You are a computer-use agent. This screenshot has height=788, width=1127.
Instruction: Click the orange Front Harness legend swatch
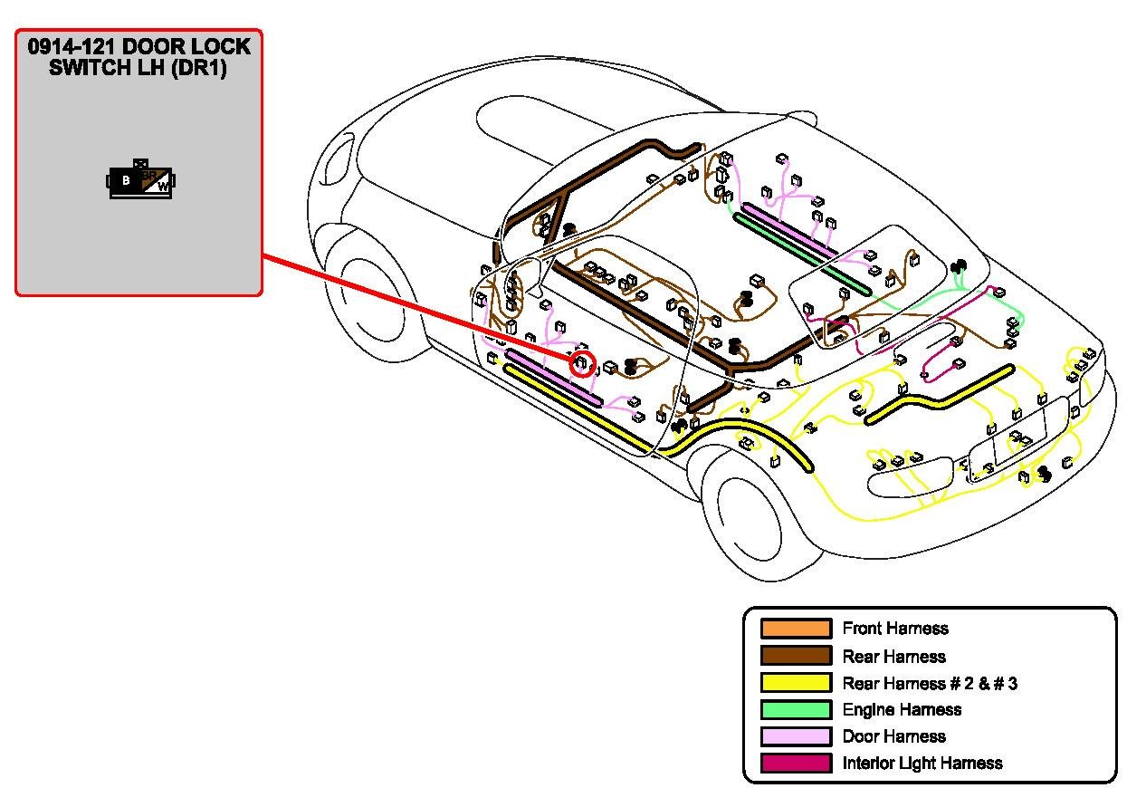click(x=796, y=629)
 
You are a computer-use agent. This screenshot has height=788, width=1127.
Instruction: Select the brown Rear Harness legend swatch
click(x=796, y=656)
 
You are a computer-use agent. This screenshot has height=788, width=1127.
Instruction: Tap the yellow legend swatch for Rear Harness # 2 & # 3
click(x=796, y=683)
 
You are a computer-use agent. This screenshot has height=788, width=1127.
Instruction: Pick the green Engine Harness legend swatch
click(x=796, y=710)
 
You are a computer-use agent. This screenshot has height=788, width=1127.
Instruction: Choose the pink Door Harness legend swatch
click(x=796, y=736)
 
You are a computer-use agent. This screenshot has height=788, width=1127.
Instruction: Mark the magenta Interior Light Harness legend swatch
click(x=796, y=764)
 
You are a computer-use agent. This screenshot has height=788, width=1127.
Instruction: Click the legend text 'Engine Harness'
click(x=902, y=710)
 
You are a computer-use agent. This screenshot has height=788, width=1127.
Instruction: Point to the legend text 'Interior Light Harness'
click(x=922, y=764)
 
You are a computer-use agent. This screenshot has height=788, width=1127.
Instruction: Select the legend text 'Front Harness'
click(x=895, y=629)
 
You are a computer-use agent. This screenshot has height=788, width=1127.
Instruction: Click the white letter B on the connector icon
click(x=125, y=180)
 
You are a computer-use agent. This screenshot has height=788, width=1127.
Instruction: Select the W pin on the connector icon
click(x=163, y=187)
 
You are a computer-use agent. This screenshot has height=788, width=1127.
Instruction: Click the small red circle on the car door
click(x=582, y=365)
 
